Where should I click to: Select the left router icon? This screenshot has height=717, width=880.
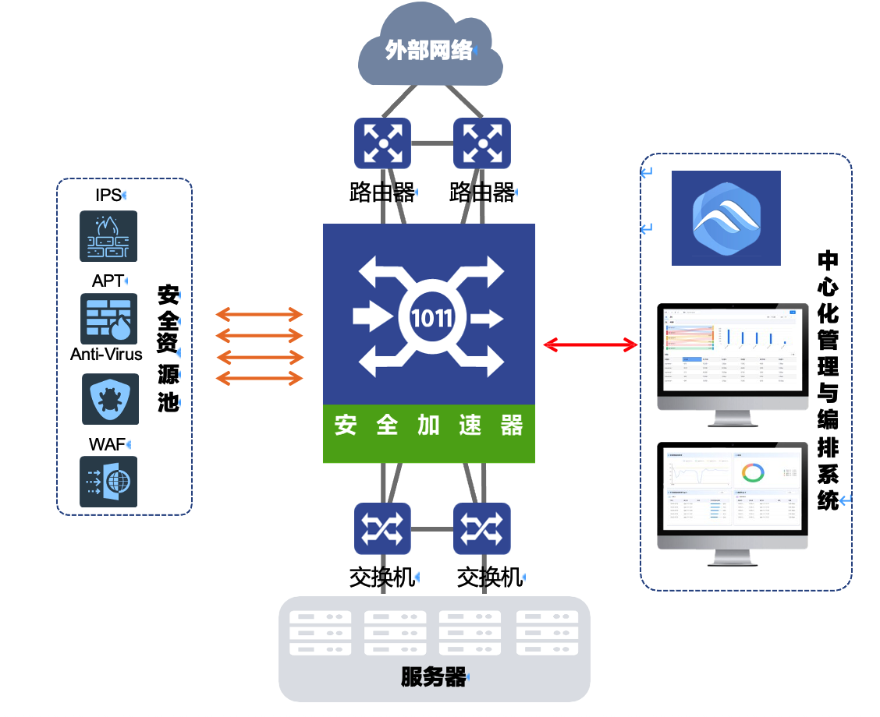coord(382,143)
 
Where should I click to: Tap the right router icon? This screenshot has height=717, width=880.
coord(482,143)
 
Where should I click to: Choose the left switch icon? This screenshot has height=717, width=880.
coord(382,528)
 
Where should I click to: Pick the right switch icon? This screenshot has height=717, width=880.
coord(482,528)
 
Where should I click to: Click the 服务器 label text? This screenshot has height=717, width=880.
coord(434,677)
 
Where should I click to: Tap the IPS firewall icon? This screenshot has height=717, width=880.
coord(108,235)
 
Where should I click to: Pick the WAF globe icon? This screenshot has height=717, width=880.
coord(108,482)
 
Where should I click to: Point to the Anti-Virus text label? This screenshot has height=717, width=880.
coord(106,355)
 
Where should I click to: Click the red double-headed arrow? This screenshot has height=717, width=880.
coord(591,344)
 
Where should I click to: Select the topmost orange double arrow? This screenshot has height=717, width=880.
coord(259,315)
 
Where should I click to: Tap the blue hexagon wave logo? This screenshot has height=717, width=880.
coord(726,218)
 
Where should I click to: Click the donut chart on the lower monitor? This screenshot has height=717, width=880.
coord(753,473)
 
